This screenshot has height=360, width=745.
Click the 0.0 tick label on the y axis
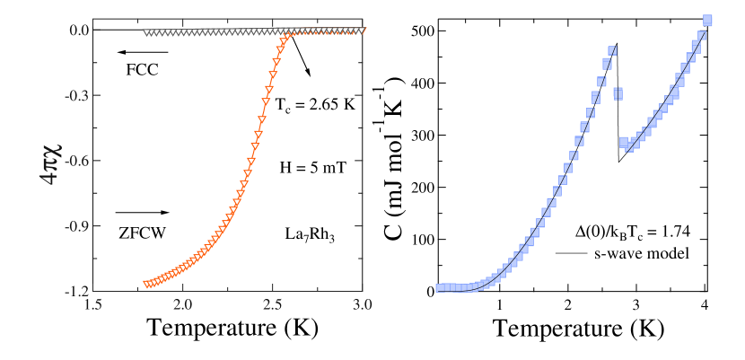[78, 30]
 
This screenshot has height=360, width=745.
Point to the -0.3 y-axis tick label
[76, 95]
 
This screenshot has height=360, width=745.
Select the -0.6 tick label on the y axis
[76, 161]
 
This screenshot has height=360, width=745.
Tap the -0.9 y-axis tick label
[76, 226]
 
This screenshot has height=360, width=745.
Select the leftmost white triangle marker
[146, 33]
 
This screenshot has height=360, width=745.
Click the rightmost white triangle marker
[362, 31]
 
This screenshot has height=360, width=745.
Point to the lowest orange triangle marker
[148, 285]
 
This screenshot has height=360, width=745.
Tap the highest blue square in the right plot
[707, 21]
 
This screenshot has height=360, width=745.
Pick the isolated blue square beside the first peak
[618, 93]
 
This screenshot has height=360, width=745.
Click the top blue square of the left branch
[612, 51]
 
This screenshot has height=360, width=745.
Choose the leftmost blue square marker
[440, 288]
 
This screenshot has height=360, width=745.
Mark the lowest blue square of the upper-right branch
[624, 142]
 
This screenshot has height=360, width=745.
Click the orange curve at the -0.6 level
[250, 161]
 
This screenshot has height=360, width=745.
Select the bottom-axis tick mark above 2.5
[272, 288]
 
